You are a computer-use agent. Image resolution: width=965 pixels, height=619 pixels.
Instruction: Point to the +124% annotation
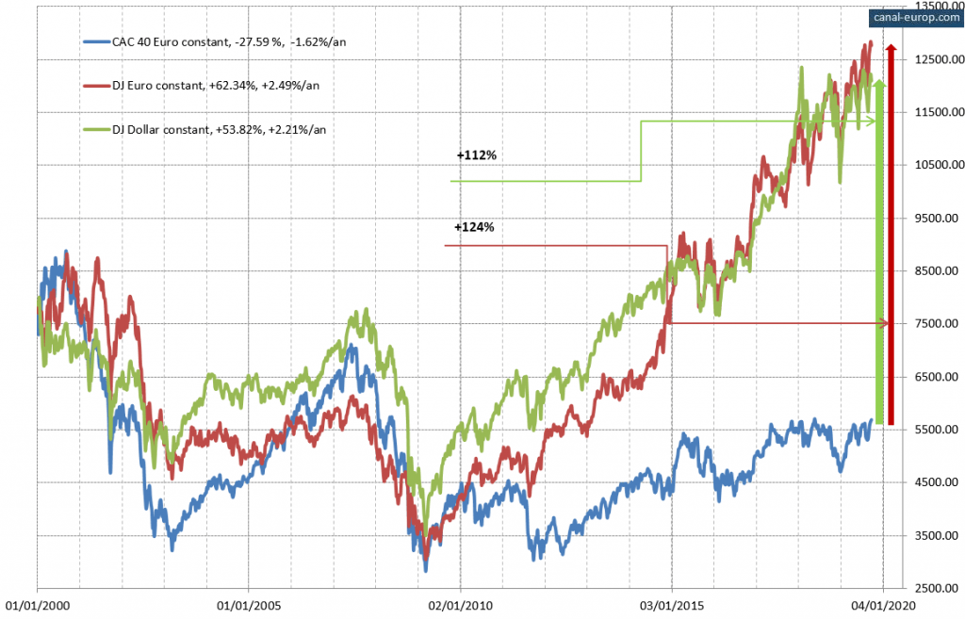tap(474, 227)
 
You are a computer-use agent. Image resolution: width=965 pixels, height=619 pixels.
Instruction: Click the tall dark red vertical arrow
tap(891, 236)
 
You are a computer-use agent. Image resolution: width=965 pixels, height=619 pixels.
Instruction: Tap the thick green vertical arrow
tap(880, 254)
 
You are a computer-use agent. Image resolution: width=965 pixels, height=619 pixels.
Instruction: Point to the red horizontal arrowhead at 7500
tap(884, 324)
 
